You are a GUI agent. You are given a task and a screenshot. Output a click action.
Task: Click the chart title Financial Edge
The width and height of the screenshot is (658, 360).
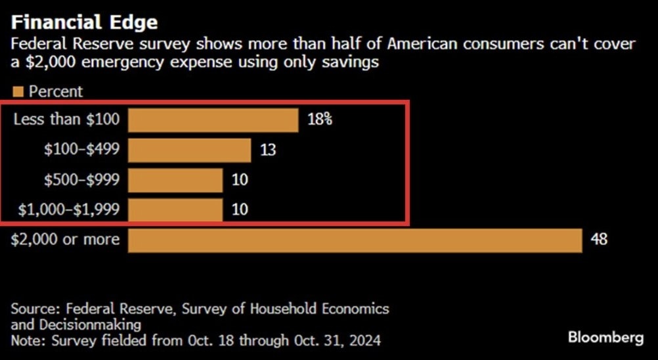(x=85, y=22)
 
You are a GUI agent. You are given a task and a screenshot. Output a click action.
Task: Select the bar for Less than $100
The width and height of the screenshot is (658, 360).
(x=213, y=120)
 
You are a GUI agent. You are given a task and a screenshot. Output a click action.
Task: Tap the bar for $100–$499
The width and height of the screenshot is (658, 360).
(x=189, y=150)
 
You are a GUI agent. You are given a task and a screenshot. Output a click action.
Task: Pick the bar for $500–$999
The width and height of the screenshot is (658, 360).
(x=175, y=180)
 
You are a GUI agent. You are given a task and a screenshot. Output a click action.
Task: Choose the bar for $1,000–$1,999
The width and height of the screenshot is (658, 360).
(x=175, y=210)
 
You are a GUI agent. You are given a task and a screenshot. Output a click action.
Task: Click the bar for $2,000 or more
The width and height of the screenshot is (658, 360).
(x=355, y=240)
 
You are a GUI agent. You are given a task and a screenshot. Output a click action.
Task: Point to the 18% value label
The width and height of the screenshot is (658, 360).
(x=318, y=120)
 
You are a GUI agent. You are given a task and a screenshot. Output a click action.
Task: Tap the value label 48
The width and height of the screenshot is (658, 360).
(x=599, y=240)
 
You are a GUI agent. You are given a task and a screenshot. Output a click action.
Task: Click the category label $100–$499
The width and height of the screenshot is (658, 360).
(x=82, y=150)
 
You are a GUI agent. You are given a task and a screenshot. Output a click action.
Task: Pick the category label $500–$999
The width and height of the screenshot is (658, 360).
(x=82, y=179)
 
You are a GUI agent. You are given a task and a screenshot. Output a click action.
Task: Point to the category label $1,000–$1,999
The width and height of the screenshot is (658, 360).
(x=69, y=210)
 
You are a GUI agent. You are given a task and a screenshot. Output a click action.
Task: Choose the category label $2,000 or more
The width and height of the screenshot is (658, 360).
(x=66, y=239)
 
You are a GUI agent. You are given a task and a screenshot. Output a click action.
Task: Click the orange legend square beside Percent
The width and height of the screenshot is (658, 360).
(x=18, y=91)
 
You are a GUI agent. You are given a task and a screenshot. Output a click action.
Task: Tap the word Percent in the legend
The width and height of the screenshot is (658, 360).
(x=56, y=91)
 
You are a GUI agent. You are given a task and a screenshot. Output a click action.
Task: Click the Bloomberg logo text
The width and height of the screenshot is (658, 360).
(x=606, y=338)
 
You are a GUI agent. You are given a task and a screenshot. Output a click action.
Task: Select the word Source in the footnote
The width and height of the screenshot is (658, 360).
(x=32, y=309)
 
